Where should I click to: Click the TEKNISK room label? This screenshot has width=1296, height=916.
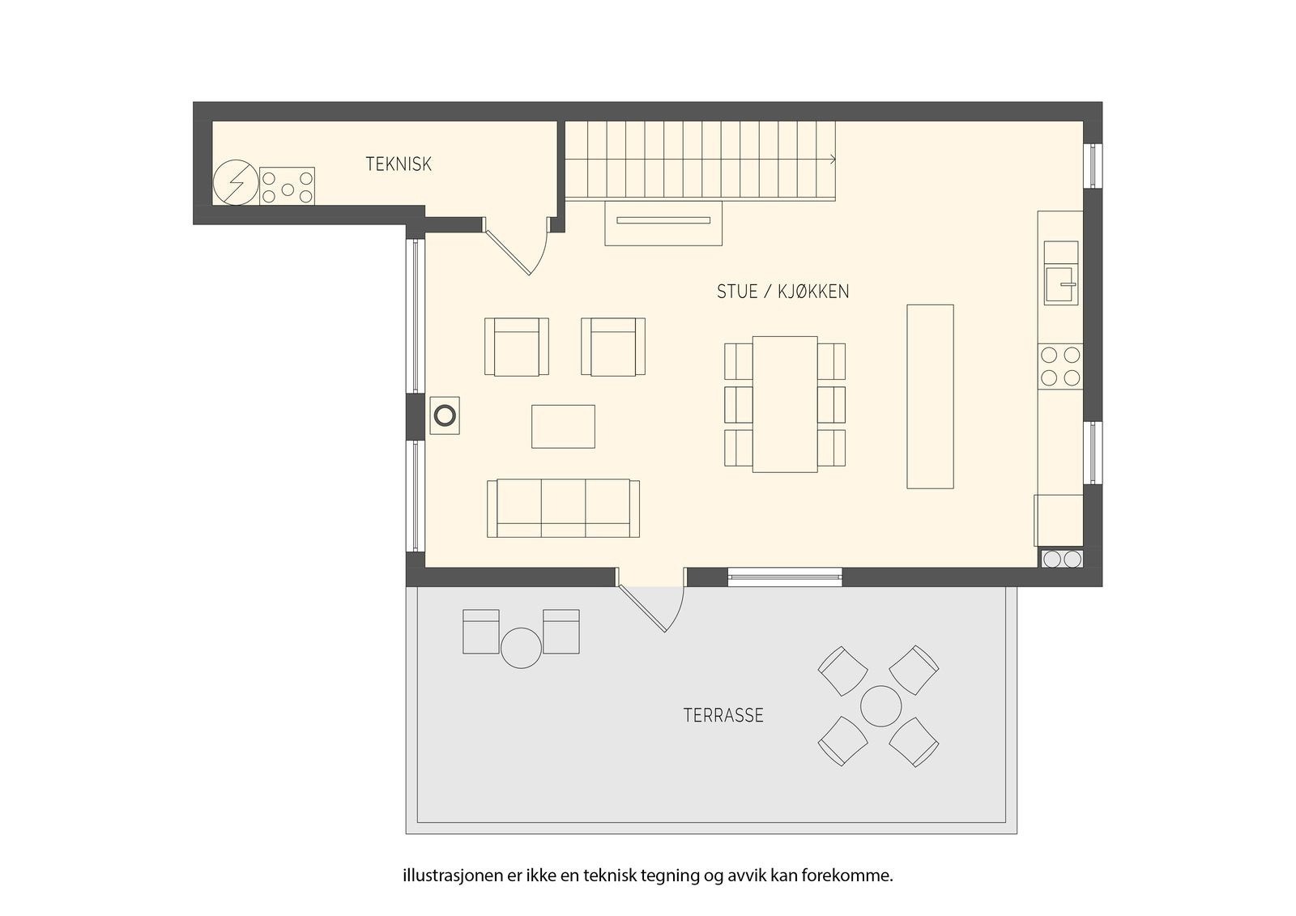coord(399,164)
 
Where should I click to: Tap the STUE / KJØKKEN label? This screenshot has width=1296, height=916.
coord(782,292)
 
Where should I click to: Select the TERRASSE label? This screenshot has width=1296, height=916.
coord(723,716)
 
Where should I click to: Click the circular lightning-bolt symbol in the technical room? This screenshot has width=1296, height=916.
coord(236,182)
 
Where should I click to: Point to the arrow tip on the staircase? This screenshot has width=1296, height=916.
coord(834,159)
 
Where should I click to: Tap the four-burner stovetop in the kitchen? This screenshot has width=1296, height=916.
coord(1060,366)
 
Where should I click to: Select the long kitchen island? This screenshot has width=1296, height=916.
coord(930,396)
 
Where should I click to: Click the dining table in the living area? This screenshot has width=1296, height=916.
coord(785,404)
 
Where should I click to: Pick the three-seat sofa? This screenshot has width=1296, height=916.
coord(563,508)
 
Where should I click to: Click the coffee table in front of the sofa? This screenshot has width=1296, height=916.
coord(563,427)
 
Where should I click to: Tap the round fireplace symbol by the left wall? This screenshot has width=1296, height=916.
coord(445,415)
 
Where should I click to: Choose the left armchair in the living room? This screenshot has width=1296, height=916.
coord(517,347)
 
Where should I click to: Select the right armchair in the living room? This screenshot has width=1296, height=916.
coord(613,347)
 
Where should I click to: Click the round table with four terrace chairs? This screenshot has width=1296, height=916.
coord(880,706)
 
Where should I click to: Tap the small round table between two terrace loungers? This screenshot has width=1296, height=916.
coord(521,648)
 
